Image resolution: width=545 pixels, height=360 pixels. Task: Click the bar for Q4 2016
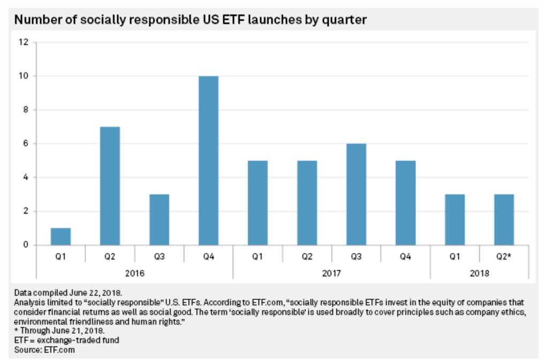click(x=208, y=161)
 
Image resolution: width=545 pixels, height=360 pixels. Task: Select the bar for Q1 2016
click(x=60, y=237)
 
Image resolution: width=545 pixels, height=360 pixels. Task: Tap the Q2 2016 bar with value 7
click(x=110, y=186)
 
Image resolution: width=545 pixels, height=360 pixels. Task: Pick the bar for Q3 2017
click(x=356, y=194)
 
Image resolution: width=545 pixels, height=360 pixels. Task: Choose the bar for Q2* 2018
click(x=504, y=220)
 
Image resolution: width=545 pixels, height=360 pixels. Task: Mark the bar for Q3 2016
click(x=159, y=220)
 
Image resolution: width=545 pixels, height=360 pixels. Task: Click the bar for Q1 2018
click(x=455, y=220)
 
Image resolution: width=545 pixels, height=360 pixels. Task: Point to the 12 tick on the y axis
click(x=23, y=42)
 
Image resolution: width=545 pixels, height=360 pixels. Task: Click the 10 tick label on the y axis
click(x=23, y=76)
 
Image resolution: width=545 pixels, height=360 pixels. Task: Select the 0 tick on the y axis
click(x=25, y=245)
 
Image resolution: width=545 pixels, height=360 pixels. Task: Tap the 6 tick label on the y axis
click(x=25, y=144)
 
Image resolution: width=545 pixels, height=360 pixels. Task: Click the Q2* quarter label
click(x=504, y=256)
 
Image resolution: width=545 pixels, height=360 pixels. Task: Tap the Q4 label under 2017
click(x=405, y=256)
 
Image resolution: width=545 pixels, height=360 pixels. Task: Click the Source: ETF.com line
click(x=45, y=349)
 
